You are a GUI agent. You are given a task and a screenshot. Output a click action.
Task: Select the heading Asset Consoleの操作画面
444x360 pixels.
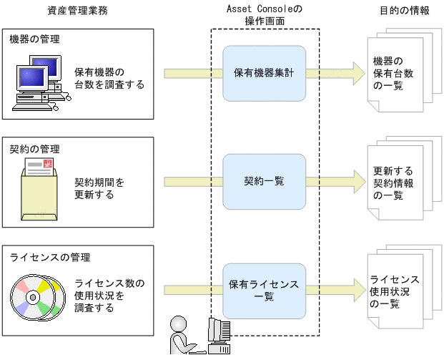pos(264,16)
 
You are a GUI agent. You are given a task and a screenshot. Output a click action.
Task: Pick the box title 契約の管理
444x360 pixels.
pos(35,149)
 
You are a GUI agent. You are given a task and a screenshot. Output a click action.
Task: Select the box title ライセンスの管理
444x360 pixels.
pos(50,257)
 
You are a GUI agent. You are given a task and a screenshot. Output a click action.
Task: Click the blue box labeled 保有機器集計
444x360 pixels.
pos(264,73)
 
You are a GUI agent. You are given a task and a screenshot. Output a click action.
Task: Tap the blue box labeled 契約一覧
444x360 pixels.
pos(264,181)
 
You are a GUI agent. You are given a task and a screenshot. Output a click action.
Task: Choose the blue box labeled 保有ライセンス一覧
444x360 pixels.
pos(264,291)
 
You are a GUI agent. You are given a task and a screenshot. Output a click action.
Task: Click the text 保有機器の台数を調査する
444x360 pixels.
pos(109,78)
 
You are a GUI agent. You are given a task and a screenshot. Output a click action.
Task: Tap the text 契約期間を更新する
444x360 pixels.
pos(99,188)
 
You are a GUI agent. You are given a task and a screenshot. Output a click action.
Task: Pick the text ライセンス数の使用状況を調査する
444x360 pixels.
pos(109,296)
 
